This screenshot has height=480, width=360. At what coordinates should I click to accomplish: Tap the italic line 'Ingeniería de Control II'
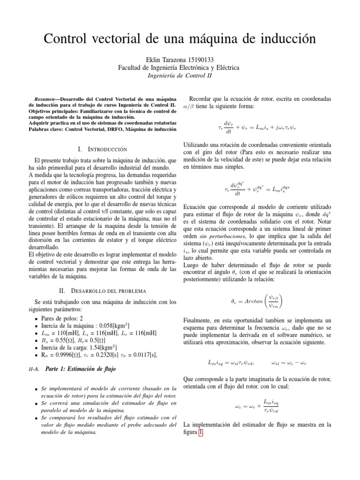pos(180,75)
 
